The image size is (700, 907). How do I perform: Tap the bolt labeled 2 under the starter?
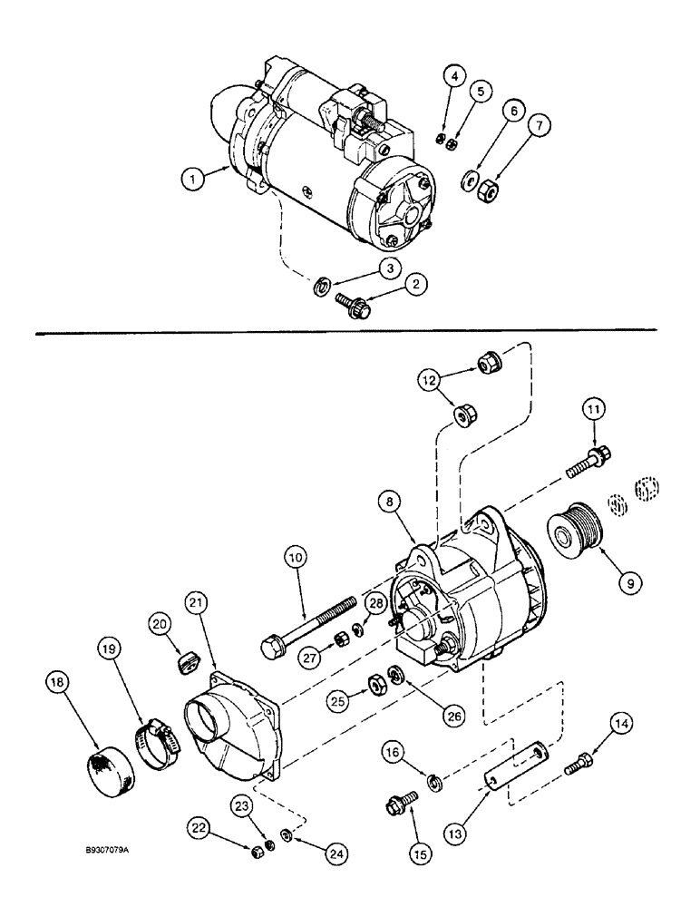tap(347, 302)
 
